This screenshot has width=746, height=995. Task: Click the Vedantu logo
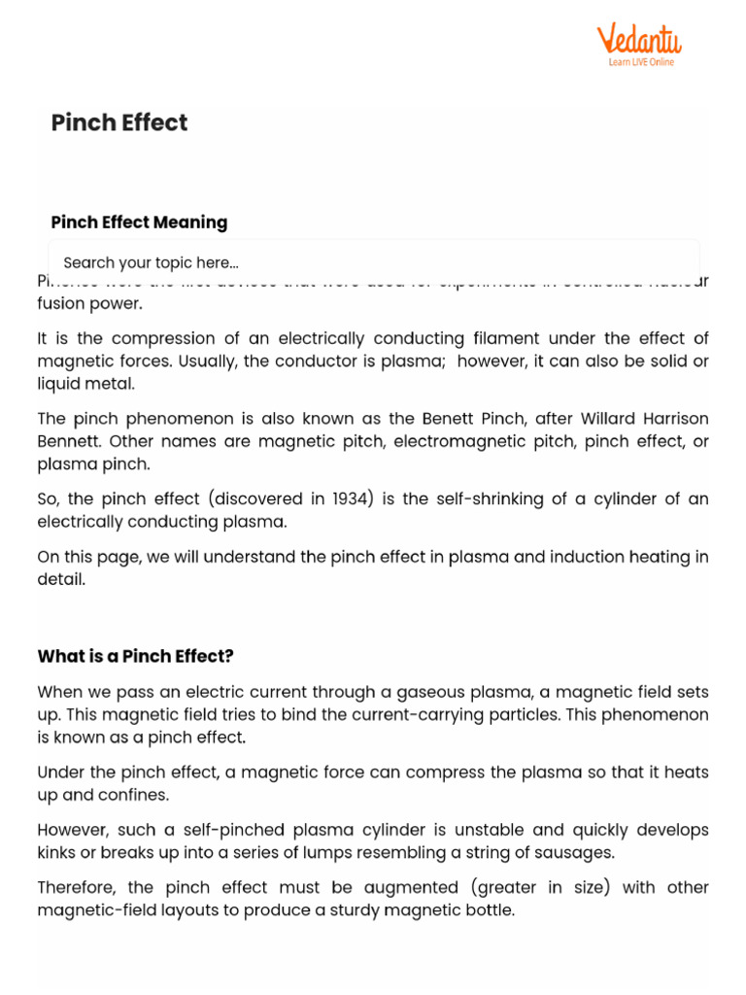[638, 41]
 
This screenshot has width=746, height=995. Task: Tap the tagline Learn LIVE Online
[640, 62]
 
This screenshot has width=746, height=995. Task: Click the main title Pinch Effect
[119, 122]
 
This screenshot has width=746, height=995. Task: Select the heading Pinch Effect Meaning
[139, 223]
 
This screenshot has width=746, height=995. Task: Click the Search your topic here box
[373, 262]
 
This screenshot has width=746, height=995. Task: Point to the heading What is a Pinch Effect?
[135, 656]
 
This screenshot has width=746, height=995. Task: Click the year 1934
[354, 498]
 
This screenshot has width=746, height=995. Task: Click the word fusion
[61, 303]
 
